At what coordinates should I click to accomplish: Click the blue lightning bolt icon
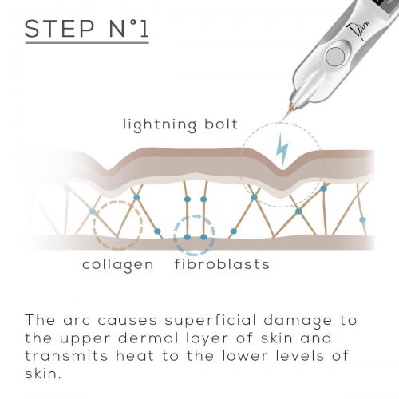coord(282,149)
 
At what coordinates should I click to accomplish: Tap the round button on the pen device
coord(335,57)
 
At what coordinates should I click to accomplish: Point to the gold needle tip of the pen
coord(287,113)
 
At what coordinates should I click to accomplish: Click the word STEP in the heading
coord(60,29)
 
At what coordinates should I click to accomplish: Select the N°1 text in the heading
coord(128,29)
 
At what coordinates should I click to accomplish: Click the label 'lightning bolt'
coord(180,125)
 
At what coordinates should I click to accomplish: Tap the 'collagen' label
coord(118,265)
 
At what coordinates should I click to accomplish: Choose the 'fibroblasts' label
coord(222,264)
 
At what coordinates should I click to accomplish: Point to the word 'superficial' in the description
coord(210,321)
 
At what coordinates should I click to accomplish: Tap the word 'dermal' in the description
coord(148,338)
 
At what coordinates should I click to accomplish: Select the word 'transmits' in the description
coord(66,356)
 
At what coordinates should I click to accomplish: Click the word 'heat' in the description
coord(135,356)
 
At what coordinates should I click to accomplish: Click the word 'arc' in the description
coord(77,322)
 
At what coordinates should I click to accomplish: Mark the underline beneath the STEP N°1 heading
coord(87,42)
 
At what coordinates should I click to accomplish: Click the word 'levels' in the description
coord(299,356)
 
